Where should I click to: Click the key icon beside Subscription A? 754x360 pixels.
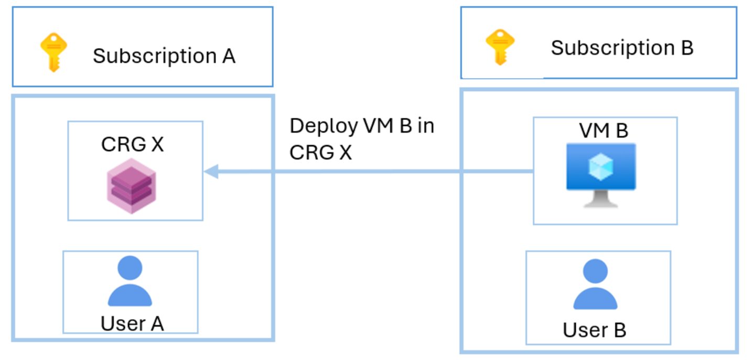pyautogui.click(x=53, y=52)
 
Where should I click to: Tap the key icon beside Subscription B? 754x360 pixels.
pyautogui.click(x=499, y=47)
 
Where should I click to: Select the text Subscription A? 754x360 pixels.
pyautogui.click(x=164, y=56)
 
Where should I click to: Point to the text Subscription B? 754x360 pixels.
pyautogui.click(x=622, y=48)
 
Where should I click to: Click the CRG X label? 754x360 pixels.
pyautogui.click(x=133, y=144)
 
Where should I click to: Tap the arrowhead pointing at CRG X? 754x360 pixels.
pyautogui.click(x=211, y=171)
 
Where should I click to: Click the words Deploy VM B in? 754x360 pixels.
pyautogui.click(x=362, y=126)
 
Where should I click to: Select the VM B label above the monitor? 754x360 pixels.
pyautogui.click(x=604, y=130)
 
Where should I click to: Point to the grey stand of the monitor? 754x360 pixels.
pyautogui.click(x=601, y=199)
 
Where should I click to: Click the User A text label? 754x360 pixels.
pyautogui.click(x=132, y=323)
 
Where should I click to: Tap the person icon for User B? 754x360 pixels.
pyautogui.click(x=595, y=286)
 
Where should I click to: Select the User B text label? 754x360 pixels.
pyautogui.click(x=595, y=330)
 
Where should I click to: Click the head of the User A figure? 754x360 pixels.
pyautogui.click(x=130, y=268)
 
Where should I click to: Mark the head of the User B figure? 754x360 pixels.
pyautogui.click(x=595, y=271)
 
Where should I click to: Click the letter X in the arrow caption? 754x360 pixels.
pyautogui.click(x=344, y=152)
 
